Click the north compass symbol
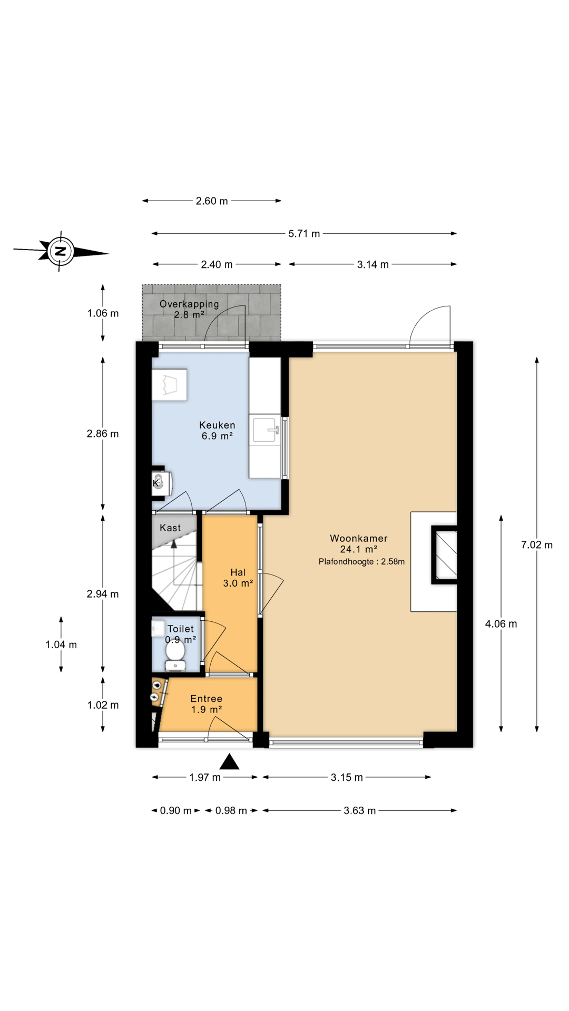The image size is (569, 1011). click(61, 251)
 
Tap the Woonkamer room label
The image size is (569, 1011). click(359, 538)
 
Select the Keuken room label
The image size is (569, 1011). click(217, 425)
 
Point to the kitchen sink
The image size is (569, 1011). click(266, 430)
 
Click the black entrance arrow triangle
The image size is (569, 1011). click(229, 761)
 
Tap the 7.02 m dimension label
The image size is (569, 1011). click(537, 545)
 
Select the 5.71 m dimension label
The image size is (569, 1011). click(304, 233)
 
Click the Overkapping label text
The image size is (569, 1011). click(189, 304)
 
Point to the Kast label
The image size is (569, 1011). click(170, 528)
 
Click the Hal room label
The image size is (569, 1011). click(238, 572)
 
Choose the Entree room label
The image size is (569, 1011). click(207, 699)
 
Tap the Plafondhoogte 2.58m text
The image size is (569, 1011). click(361, 562)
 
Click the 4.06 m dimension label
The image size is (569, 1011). click(501, 624)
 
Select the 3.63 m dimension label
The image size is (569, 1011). click(360, 810)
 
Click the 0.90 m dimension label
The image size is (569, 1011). click(176, 810)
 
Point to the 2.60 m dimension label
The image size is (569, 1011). click(212, 201)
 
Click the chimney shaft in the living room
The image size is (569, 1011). click(444, 555)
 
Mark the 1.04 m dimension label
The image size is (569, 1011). click(61, 645)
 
